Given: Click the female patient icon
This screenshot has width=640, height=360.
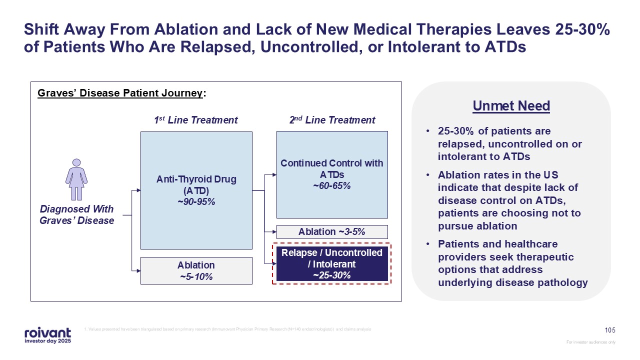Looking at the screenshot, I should (76, 179).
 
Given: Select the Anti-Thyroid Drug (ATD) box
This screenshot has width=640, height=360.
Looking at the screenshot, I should (196, 190).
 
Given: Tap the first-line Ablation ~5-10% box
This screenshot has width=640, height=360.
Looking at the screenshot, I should (196, 270).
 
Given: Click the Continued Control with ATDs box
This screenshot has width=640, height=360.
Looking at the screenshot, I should (332, 174).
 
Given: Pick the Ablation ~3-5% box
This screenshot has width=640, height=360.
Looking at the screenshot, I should (332, 232).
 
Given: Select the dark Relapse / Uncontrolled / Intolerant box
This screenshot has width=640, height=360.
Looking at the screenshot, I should (332, 263).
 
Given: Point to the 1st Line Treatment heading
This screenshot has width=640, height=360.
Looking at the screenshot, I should (195, 120).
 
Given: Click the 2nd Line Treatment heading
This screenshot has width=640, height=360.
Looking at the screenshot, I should (332, 120).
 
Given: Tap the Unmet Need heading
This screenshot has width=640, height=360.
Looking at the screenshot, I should (511, 106).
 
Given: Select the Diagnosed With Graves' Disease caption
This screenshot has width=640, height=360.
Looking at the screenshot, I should (77, 215).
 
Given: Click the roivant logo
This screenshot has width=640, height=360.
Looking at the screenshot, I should (47, 335).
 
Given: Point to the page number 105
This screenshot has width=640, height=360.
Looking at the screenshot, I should (610, 330).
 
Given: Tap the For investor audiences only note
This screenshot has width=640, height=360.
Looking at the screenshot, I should (590, 342).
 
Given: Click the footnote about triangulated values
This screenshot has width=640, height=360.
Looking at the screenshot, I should (228, 329).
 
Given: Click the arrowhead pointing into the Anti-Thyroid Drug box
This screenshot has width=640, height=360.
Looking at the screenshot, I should (138, 190).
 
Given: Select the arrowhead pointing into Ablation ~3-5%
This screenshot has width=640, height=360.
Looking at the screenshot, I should (274, 232).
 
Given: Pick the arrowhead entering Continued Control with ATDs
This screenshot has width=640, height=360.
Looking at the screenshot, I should (274, 175).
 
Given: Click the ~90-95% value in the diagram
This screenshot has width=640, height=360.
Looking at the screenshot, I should (196, 201).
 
